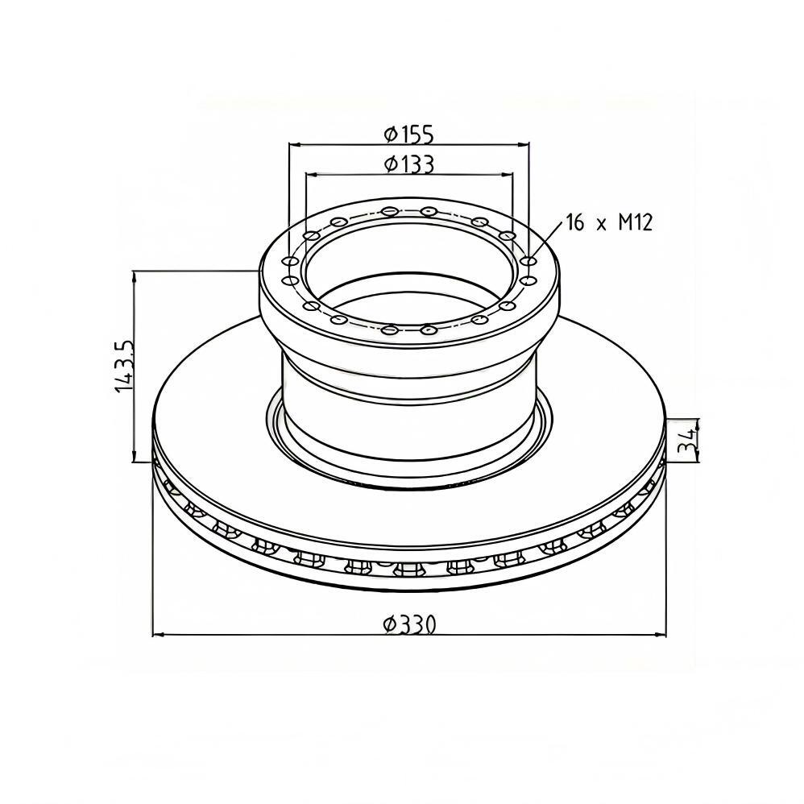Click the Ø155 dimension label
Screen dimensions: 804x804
click(x=408, y=135)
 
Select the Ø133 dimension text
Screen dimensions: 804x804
click(x=408, y=164)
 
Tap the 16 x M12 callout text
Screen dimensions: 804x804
click(x=609, y=222)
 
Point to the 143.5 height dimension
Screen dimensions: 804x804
click(x=124, y=366)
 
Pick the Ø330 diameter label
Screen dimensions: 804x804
click(x=410, y=624)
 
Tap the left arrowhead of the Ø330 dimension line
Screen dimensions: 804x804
click(x=159, y=636)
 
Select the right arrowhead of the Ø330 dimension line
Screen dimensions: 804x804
click(x=661, y=636)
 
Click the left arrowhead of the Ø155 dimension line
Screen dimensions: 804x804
click(x=294, y=145)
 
